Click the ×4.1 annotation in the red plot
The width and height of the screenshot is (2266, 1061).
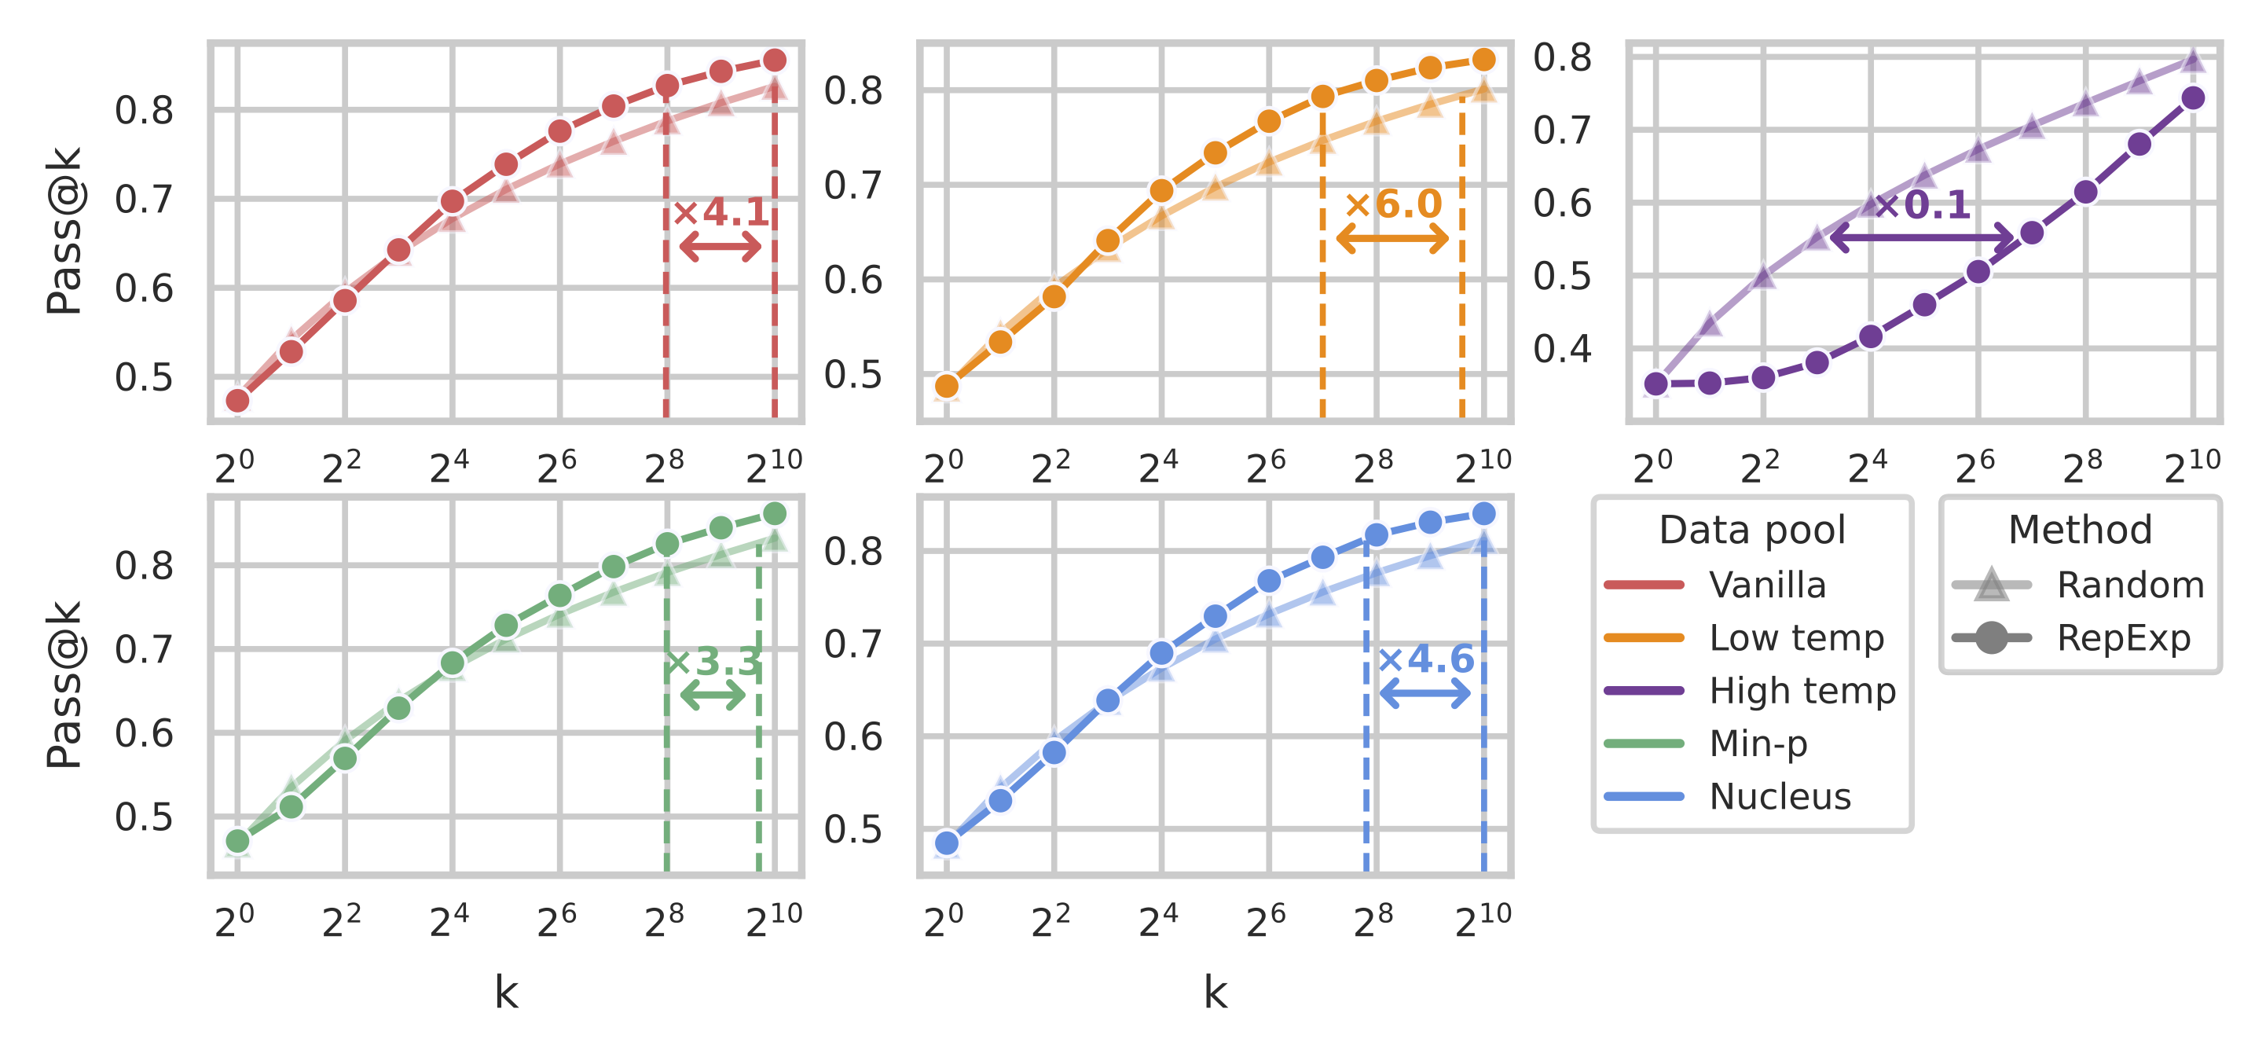point(721,212)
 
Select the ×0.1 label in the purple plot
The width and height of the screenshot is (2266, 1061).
point(1922,206)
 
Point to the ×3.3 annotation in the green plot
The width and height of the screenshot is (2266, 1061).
point(713,662)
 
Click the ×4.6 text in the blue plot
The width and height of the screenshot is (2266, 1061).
point(1425,659)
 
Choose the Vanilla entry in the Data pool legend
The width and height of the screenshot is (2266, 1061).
point(1766,585)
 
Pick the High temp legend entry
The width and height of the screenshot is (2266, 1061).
point(1802,691)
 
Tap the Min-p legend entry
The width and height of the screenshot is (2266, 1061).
point(1758,743)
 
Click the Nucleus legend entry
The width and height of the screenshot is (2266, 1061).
point(1780,796)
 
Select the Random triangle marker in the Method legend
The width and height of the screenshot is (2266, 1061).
point(1992,585)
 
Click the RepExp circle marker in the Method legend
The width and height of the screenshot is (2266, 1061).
point(1992,638)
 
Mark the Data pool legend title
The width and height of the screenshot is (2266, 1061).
point(1751,530)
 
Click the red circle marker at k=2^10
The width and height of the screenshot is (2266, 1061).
point(774,61)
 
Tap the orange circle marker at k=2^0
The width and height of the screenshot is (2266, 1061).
point(947,386)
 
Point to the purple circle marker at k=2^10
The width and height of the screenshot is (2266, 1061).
point(2193,98)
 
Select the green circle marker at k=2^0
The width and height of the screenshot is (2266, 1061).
point(237,841)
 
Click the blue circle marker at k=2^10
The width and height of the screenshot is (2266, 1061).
point(1483,514)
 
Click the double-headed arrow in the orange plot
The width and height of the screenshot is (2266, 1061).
point(1391,238)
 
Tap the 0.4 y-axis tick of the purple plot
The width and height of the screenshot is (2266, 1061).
point(1562,349)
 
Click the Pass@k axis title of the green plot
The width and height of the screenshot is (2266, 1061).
point(65,686)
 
